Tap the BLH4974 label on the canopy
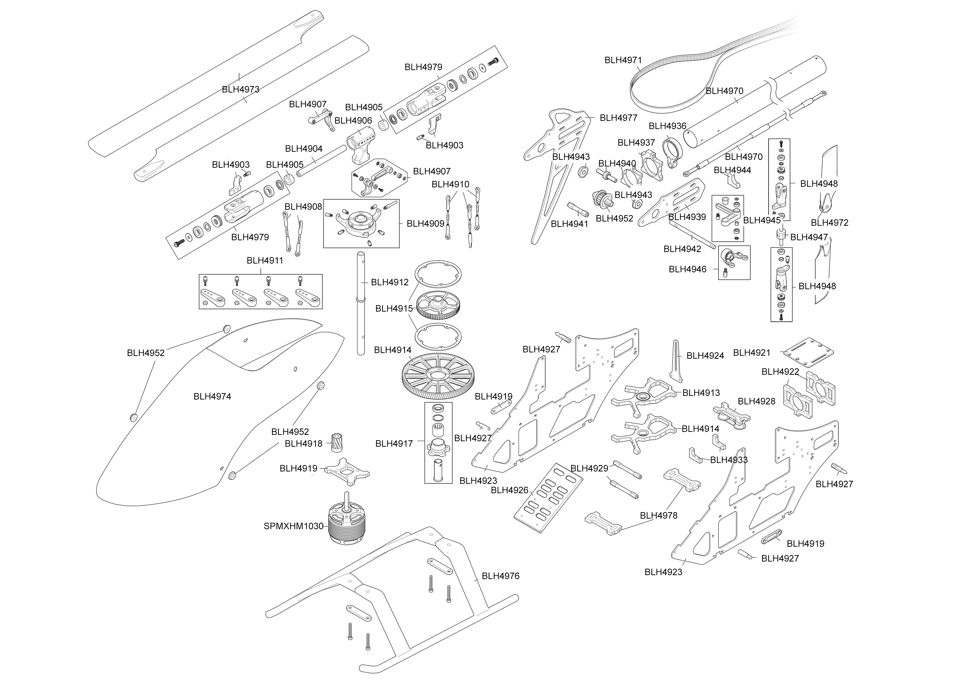212,397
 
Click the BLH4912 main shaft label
389,282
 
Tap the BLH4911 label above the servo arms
265,261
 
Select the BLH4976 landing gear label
500,576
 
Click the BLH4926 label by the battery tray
509,490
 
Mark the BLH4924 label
705,356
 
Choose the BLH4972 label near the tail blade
829,223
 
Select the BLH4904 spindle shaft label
303,149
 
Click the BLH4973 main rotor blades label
241,89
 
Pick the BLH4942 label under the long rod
682,249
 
